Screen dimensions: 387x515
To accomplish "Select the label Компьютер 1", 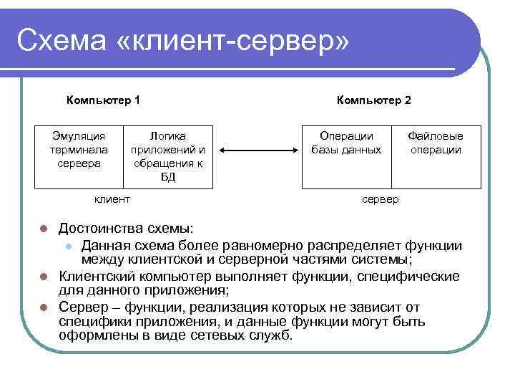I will pos(103,100).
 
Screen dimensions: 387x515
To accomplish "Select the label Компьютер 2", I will pos(374,100).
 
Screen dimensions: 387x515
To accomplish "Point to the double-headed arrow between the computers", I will pos(258,150).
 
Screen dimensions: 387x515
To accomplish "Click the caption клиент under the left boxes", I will pos(112,199).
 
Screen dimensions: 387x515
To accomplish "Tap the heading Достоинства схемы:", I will pos(116,229).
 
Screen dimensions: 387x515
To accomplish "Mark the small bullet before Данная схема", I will pos(68,246).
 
